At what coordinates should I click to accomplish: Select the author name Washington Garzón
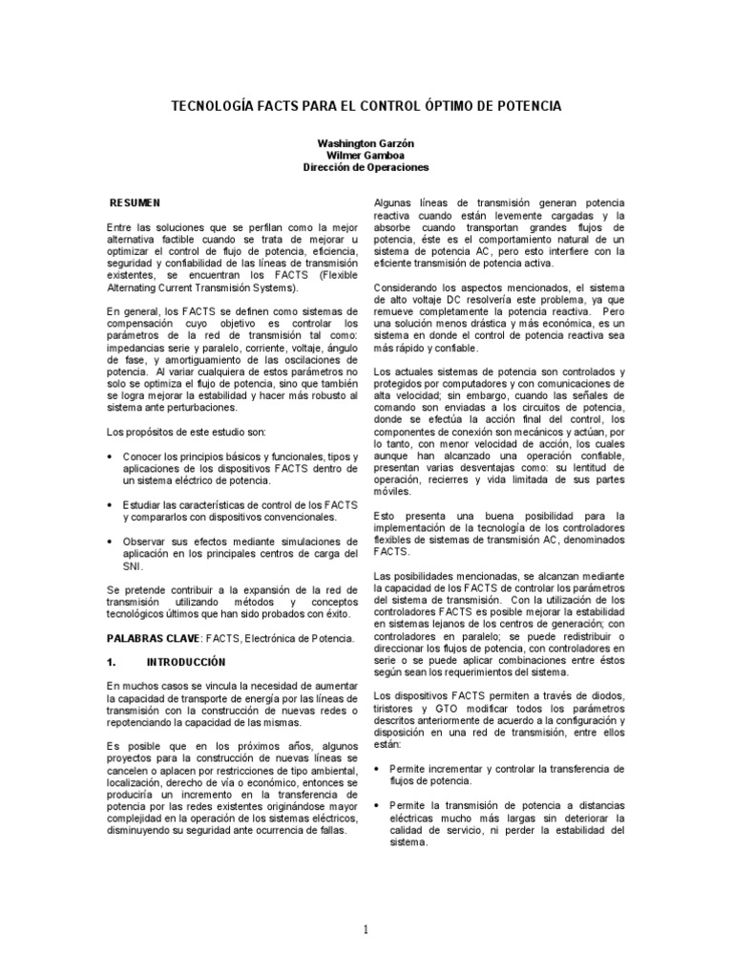point(366,142)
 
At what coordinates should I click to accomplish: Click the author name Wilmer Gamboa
point(366,155)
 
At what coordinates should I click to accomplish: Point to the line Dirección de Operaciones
point(366,167)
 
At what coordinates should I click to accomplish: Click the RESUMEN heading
point(136,203)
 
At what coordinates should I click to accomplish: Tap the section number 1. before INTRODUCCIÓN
point(112,661)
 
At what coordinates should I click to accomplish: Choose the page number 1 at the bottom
point(366,929)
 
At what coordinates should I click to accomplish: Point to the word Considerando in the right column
point(405,287)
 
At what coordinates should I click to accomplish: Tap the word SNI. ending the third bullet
point(132,564)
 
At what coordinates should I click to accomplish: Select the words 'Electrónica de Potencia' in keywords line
point(301,636)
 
